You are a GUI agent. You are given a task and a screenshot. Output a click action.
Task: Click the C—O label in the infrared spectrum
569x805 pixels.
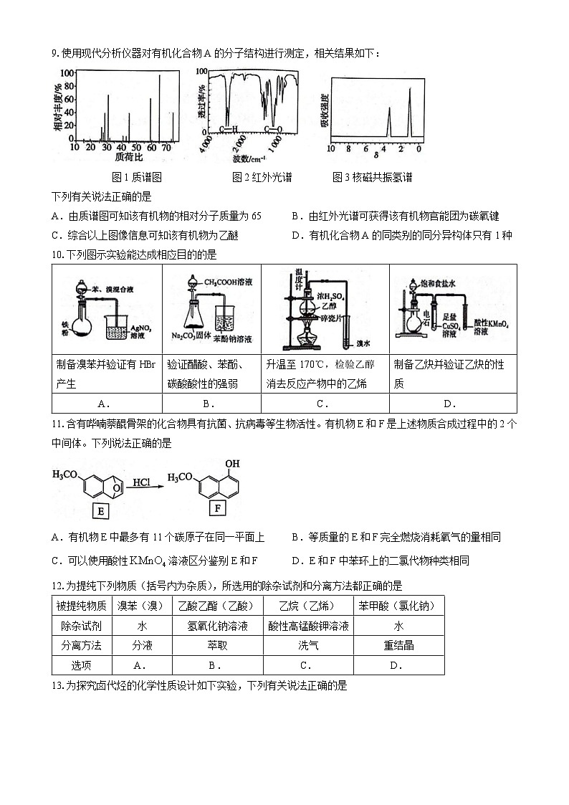(x=272, y=130)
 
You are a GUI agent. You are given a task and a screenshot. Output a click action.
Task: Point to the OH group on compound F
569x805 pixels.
(x=232, y=464)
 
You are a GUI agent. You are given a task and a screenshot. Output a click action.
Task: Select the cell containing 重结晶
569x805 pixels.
(x=398, y=645)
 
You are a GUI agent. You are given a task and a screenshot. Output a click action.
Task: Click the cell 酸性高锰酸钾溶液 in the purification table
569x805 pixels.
(x=308, y=626)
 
